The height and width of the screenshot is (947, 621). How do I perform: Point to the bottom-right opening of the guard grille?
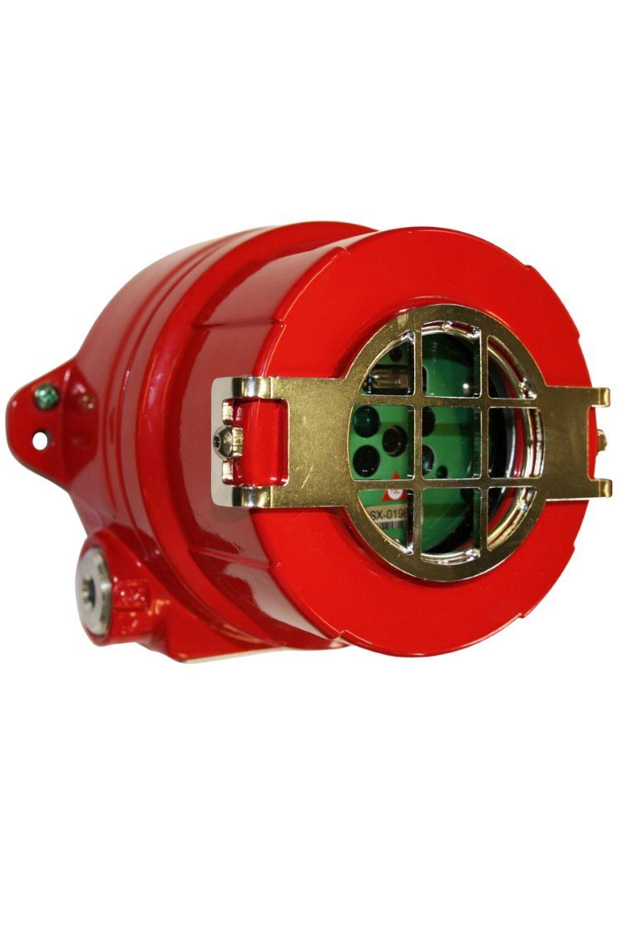tap(500, 515)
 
